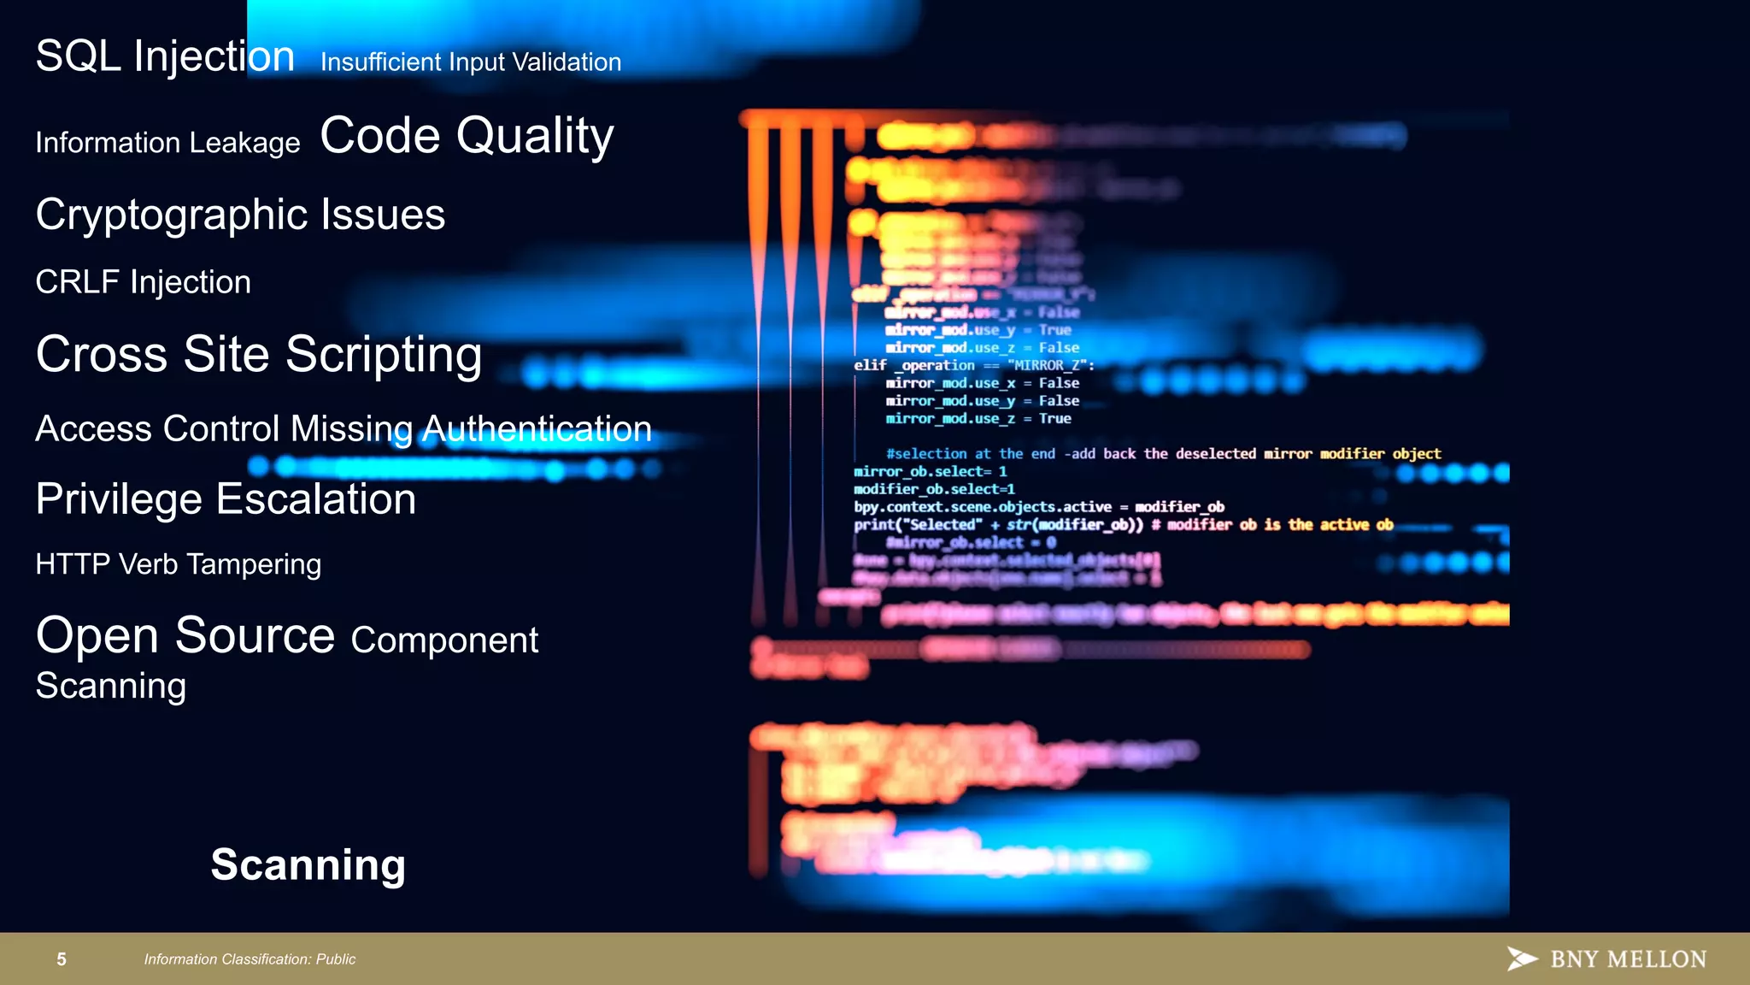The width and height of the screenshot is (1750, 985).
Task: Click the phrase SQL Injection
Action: tap(165, 56)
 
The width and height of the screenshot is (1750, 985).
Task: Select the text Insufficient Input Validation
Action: tap(470, 62)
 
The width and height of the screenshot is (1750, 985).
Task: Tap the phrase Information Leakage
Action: tap(167, 143)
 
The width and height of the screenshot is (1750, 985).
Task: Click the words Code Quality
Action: tap(467, 136)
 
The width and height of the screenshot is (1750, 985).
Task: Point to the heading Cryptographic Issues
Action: tap(240, 214)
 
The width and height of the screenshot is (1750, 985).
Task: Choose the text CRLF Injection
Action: tap(143, 282)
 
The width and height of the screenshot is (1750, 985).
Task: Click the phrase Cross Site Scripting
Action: tap(259, 354)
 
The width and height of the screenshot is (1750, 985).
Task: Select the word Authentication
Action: tap(537, 428)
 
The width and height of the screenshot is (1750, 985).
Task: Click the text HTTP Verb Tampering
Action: tap(178, 564)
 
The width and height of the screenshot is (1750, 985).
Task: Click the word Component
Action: tap(444, 640)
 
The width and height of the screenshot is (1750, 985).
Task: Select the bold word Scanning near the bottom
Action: tap(308, 864)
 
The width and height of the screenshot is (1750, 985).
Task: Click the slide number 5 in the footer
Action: tap(62, 959)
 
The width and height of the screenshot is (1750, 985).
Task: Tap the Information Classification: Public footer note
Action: tap(250, 959)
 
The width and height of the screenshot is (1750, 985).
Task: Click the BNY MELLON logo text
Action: tap(1628, 959)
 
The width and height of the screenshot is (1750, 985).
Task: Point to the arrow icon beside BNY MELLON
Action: tap(1521, 958)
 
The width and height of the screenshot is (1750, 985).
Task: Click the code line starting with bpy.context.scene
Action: tap(1038, 507)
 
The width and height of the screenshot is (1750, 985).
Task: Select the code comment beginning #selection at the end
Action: tap(1163, 454)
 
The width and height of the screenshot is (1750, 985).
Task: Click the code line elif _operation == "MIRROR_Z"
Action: tap(973, 365)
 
